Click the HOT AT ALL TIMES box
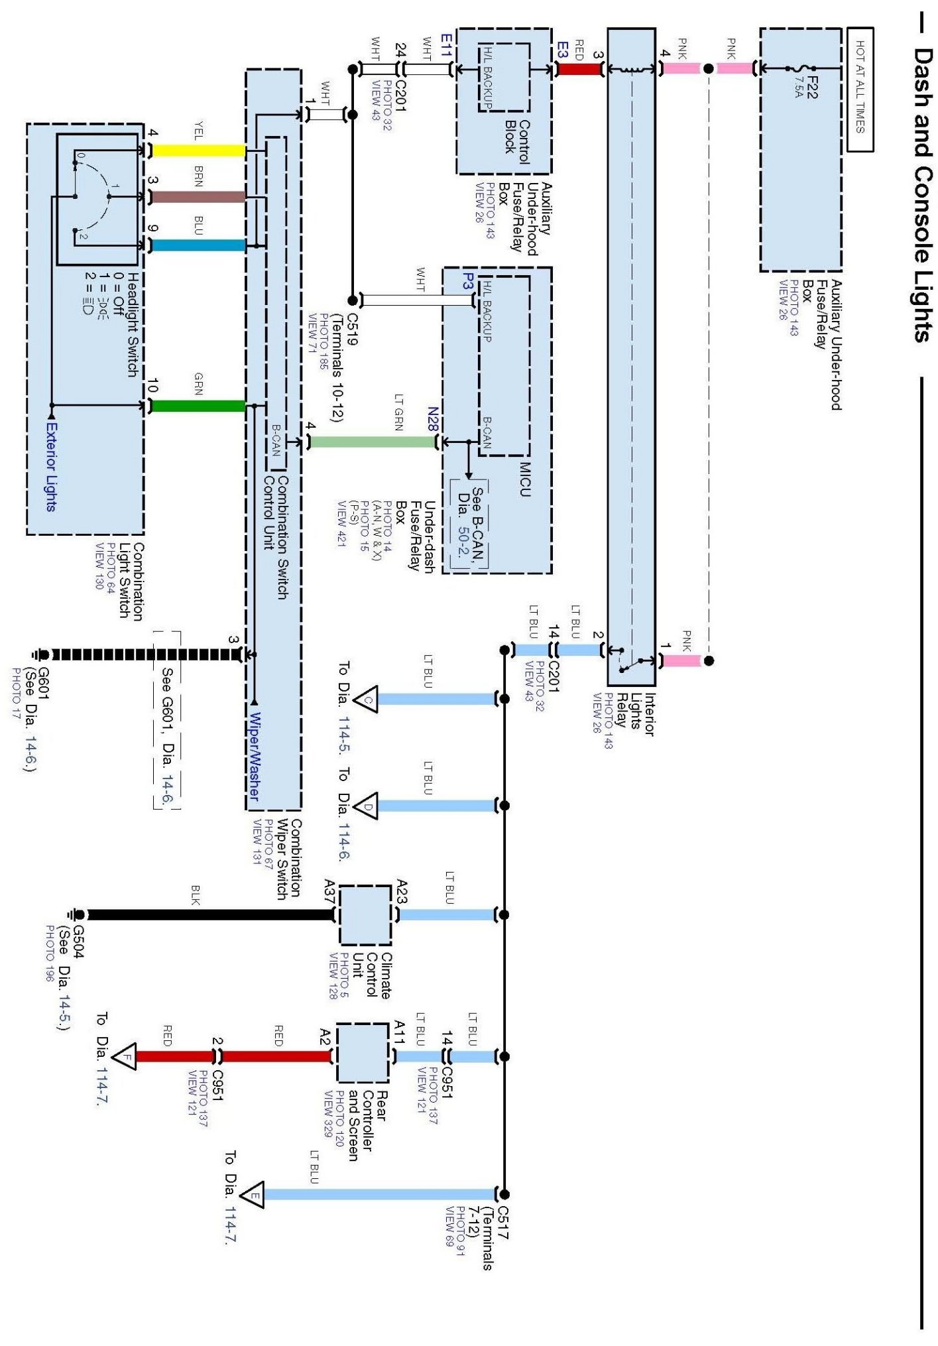(x=860, y=90)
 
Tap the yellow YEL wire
(x=198, y=151)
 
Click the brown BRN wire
(x=198, y=197)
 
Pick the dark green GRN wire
(x=198, y=406)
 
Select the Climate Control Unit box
(x=365, y=915)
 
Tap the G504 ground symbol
(x=77, y=915)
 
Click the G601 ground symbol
(x=42, y=655)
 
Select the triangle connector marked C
(x=367, y=699)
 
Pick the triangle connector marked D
(x=367, y=806)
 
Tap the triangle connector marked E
(x=252, y=1195)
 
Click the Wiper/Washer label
(x=254, y=756)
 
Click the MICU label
(x=525, y=479)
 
